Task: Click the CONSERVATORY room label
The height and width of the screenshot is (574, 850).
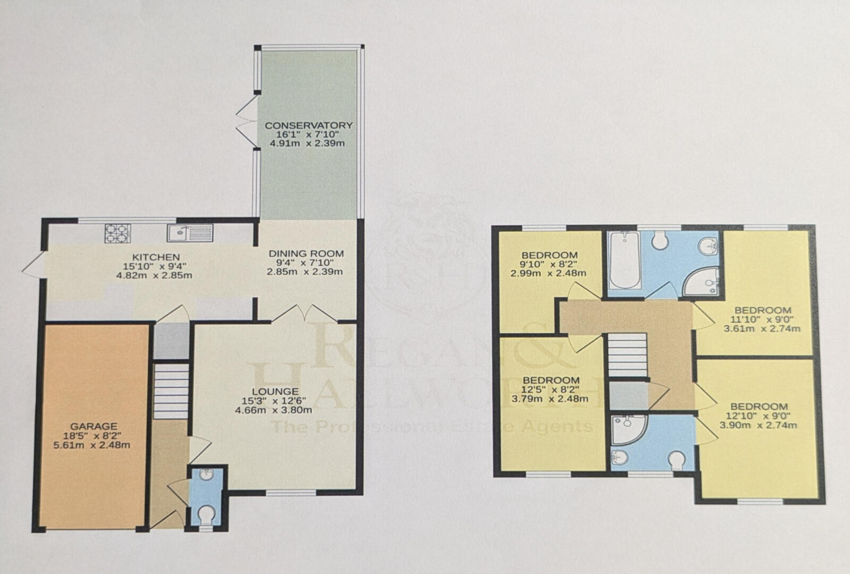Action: pos(309,125)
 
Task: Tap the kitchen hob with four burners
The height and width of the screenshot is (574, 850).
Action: pos(117,233)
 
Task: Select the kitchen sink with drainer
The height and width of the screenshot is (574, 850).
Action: pos(190,233)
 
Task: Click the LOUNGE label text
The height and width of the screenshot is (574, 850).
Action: pos(273,392)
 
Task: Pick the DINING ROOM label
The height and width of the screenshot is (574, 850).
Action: pos(306,254)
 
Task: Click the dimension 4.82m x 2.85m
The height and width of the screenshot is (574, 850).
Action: pos(154,275)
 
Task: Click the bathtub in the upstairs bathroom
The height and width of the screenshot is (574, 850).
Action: pos(625,260)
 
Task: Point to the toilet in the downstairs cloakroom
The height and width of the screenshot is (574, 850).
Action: pos(206,514)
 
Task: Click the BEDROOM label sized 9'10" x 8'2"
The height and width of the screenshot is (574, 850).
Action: pos(549,255)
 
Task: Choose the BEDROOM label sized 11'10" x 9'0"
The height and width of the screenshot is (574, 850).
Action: pos(762,310)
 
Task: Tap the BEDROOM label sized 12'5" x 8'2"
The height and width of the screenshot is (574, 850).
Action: pos(551,381)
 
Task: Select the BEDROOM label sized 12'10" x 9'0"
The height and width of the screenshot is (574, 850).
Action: pos(759,407)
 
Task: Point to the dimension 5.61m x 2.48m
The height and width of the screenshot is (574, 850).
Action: pos(92,445)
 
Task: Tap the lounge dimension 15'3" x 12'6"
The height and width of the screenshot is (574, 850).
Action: pos(273,401)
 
